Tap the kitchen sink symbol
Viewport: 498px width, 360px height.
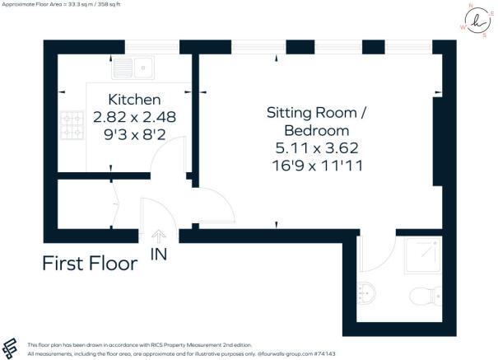(x=135, y=63)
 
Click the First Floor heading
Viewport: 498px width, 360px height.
(x=90, y=264)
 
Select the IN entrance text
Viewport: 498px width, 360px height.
(x=159, y=255)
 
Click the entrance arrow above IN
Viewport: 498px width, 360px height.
(x=159, y=237)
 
